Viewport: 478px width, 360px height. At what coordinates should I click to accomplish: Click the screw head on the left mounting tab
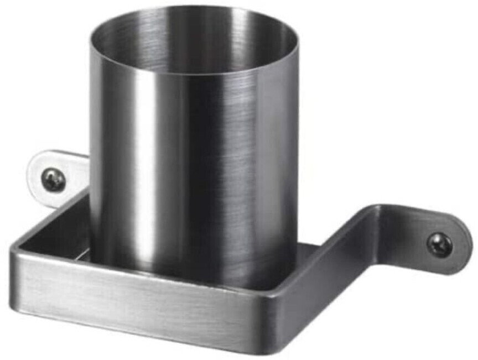(x=54, y=179)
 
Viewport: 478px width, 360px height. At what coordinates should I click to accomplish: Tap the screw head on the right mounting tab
(x=440, y=244)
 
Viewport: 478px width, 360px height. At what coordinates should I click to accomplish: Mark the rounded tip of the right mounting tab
(x=467, y=243)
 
